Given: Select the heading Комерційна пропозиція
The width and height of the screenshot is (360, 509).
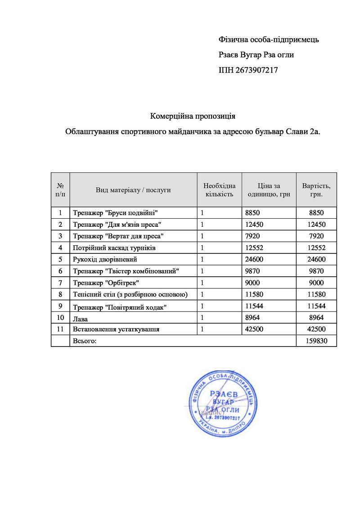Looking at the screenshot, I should pyautogui.click(x=193, y=117).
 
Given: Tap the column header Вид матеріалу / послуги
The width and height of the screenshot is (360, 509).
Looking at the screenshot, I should pyautogui.click(x=133, y=190).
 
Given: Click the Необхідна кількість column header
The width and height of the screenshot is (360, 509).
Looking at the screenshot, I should pyautogui.click(x=219, y=190).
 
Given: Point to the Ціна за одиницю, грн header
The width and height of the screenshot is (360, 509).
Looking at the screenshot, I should pyautogui.click(x=269, y=190).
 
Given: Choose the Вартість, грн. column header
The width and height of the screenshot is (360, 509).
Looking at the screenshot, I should pyautogui.click(x=316, y=190).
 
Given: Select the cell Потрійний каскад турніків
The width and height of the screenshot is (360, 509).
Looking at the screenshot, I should pyautogui.click(x=114, y=248).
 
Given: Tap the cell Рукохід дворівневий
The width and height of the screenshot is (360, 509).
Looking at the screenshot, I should pyautogui.click(x=105, y=259).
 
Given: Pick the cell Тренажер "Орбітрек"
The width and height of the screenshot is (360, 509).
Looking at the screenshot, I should pyautogui.click(x=106, y=283).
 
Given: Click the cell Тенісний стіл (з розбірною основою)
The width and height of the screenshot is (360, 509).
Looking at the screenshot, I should pyautogui.click(x=130, y=294).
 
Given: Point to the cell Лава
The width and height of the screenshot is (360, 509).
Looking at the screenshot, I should pyautogui.click(x=80, y=318).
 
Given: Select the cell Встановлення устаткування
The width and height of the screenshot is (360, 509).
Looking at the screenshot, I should pyautogui.click(x=116, y=329).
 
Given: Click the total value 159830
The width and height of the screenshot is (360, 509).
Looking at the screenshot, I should pyautogui.click(x=316, y=341).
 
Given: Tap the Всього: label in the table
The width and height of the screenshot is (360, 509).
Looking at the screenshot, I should pyautogui.click(x=85, y=341).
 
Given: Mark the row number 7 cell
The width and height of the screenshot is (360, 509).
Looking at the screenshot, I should pyautogui.click(x=60, y=283).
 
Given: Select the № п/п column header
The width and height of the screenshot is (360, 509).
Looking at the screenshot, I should pyautogui.click(x=60, y=190).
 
